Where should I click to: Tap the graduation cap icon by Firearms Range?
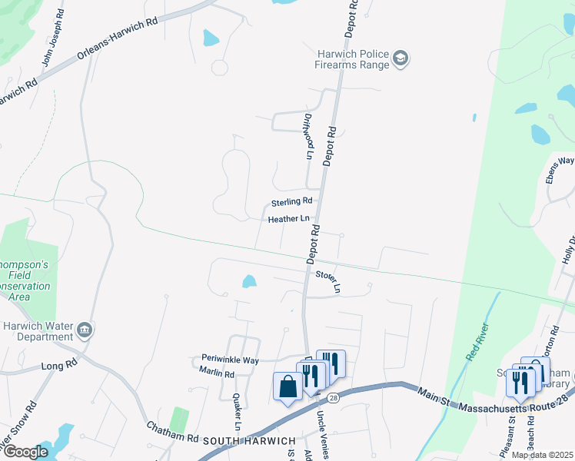click(x=401, y=58)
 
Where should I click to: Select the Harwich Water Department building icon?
click(x=85, y=331)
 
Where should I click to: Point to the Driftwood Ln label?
click(x=308, y=136)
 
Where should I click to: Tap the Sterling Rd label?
click(x=291, y=201)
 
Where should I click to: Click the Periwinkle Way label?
click(x=228, y=360)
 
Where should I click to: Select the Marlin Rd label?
click(x=216, y=373)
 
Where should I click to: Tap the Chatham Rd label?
click(x=172, y=436)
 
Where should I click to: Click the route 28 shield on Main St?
click(x=332, y=397)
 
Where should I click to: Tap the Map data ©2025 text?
click(x=542, y=455)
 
